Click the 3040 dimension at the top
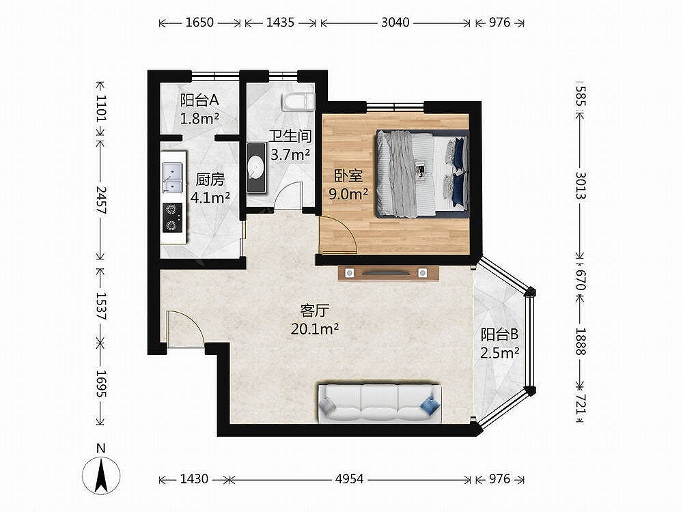pos(395,23)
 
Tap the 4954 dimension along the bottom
pos(349,479)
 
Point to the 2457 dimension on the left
pos(101,200)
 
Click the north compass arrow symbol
pos(102,475)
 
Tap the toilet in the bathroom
pos(298,102)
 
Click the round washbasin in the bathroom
pos(255,168)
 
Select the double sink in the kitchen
pos(173,177)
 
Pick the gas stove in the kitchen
pos(173,218)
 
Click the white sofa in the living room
pos(380,403)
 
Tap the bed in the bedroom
pos(423,173)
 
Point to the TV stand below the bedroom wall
pos(388,274)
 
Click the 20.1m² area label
pos(314,329)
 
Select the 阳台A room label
pos(199,100)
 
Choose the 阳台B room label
pos(499,335)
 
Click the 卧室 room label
pos(348,175)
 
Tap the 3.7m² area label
pos(290,154)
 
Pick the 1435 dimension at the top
pos(281,23)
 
